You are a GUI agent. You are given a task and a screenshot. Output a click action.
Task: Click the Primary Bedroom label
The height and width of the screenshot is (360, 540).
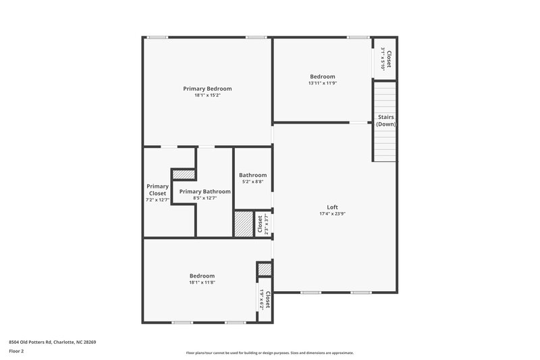click(x=207, y=88)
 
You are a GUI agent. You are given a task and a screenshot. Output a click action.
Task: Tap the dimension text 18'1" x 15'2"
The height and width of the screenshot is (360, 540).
click(x=207, y=95)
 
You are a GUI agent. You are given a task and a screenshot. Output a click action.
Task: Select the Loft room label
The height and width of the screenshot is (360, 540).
click(x=332, y=207)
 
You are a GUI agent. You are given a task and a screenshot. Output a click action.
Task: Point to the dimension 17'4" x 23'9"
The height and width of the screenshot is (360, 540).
click(x=332, y=213)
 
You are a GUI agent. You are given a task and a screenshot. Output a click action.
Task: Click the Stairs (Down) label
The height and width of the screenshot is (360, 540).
click(x=386, y=121)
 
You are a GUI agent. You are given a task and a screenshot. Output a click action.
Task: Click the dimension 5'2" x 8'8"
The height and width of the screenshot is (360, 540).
click(x=252, y=182)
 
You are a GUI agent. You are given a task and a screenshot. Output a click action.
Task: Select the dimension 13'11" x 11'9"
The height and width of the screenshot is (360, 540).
click(x=322, y=83)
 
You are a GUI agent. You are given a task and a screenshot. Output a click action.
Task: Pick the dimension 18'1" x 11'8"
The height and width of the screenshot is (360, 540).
click(x=202, y=282)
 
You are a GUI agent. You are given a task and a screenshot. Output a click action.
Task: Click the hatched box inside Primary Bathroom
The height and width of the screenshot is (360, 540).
click(x=184, y=174)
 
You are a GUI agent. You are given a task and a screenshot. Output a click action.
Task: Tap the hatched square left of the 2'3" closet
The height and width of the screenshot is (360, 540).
click(x=243, y=224)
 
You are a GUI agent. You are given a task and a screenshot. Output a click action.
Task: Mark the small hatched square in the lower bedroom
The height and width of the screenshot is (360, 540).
click(x=264, y=269)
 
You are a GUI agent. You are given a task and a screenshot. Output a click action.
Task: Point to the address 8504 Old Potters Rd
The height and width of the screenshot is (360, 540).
click(x=53, y=342)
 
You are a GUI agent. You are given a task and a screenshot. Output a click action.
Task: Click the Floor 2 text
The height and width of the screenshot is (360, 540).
click(x=17, y=351)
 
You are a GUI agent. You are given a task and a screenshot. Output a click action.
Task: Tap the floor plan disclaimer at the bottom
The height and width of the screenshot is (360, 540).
click(x=269, y=353)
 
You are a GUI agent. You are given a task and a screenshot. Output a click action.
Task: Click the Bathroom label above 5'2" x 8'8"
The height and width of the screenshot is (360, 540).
click(x=252, y=175)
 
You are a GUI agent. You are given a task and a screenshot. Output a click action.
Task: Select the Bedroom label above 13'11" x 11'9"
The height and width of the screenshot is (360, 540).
click(x=322, y=76)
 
